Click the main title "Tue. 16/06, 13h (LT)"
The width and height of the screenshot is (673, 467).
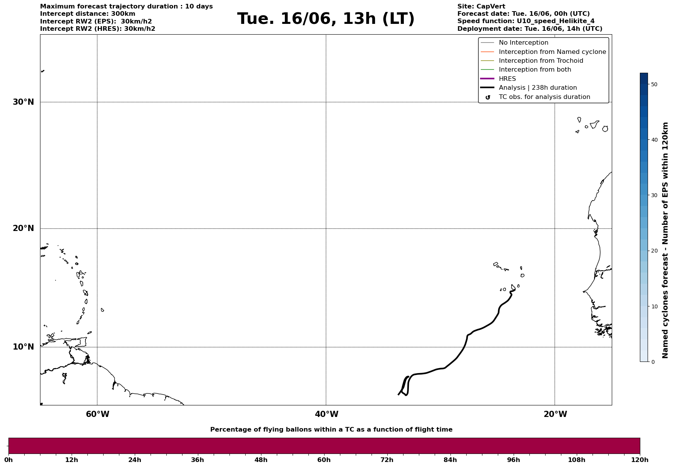(326, 19)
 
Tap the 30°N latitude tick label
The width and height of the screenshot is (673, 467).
(23, 102)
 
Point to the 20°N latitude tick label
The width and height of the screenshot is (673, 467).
(23, 228)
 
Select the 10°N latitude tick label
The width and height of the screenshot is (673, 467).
(23, 347)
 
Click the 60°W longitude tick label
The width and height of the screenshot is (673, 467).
(97, 414)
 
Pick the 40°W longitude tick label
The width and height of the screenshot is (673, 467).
(326, 414)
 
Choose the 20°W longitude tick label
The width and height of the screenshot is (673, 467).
(555, 414)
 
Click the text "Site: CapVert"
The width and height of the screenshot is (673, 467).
(481, 7)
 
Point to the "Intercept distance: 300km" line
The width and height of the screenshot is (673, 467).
(88, 14)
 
